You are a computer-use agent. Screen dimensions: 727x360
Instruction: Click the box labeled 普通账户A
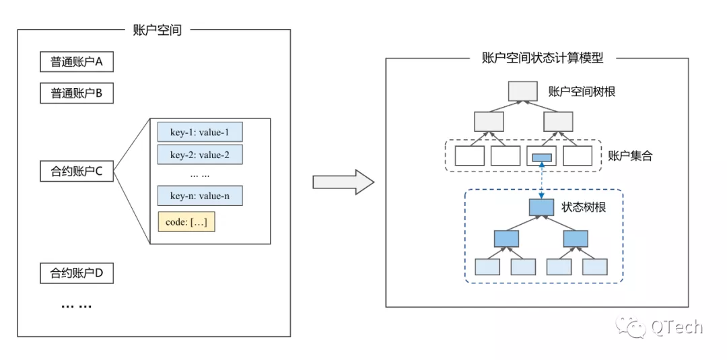click(77, 62)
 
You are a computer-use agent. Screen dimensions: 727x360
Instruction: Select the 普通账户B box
click(77, 93)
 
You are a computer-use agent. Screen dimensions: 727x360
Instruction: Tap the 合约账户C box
click(77, 172)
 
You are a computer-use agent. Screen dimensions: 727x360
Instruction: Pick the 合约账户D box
click(77, 273)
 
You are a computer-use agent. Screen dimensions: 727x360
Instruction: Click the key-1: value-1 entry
click(200, 132)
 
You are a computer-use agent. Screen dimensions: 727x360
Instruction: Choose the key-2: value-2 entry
click(200, 154)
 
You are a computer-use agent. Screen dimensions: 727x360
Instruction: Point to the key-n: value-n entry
click(200, 196)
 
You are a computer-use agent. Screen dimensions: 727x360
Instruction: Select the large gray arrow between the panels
click(343, 182)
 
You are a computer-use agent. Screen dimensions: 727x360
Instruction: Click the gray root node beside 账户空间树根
click(523, 92)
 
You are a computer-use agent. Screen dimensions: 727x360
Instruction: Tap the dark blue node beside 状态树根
click(542, 207)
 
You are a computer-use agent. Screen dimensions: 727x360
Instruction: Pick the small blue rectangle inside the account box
click(541, 157)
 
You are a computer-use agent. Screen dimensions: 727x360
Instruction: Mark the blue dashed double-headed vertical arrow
click(541, 180)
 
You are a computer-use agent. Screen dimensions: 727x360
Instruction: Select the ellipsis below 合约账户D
click(77, 306)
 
